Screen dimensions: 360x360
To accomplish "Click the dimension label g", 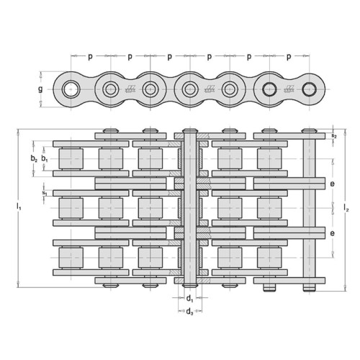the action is [x=40, y=89].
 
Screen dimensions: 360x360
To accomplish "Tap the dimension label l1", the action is [x=19, y=207].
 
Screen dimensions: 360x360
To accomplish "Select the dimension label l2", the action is [x=346, y=207].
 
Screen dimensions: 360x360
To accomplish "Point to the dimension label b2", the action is [x=34, y=158].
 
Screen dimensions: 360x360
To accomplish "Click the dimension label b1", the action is [x=45, y=158].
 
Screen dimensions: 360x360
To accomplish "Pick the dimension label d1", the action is [x=190, y=299].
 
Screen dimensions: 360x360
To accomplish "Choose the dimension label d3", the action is [x=189, y=312].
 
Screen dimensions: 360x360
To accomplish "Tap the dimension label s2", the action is [x=334, y=135].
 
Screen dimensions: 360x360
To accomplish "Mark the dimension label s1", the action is [x=45, y=193].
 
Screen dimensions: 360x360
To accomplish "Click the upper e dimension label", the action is [x=332, y=184].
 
